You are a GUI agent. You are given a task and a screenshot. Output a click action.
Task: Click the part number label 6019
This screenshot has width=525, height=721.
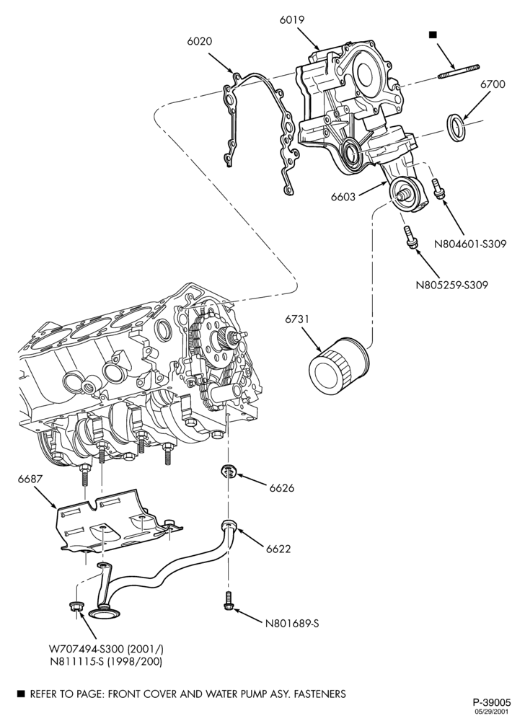(x=291, y=19)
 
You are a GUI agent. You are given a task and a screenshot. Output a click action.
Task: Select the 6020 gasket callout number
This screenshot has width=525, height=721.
(x=200, y=41)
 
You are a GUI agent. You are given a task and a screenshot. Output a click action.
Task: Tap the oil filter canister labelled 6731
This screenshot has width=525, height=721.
(x=338, y=365)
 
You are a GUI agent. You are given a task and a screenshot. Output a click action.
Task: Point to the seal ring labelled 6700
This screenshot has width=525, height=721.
(x=456, y=129)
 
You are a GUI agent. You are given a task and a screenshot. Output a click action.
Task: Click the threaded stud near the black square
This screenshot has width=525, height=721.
(x=459, y=71)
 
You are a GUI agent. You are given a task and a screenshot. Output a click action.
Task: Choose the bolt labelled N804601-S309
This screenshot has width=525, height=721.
(x=438, y=189)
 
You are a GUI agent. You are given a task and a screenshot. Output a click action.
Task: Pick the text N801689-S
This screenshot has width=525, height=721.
(x=292, y=624)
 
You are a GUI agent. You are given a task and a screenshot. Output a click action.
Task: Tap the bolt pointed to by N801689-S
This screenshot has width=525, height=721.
(x=229, y=601)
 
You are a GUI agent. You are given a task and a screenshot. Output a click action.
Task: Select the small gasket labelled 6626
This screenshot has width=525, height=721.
(x=229, y=471)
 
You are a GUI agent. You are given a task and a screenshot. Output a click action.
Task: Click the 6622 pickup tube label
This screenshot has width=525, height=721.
(x=278, y=549)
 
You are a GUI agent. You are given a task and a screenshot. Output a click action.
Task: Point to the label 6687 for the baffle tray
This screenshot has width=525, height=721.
(x=30, y=479)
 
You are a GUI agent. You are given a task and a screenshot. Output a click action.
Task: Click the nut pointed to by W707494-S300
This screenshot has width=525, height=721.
(x=76, y=606)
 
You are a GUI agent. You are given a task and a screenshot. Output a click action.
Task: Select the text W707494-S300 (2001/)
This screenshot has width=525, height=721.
(x=106, y=650)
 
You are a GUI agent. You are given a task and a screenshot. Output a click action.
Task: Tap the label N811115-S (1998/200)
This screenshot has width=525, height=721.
(x=106, y=661)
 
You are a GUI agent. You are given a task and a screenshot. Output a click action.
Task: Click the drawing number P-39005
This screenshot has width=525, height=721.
(x=491, y=702)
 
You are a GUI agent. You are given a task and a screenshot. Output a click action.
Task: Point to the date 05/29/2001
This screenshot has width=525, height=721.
(x=495, y=712)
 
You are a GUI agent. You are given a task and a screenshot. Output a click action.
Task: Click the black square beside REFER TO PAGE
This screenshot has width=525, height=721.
(x=20, y=693)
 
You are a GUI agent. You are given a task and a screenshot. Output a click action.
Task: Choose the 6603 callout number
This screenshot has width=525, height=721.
(x=343, y=197)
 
